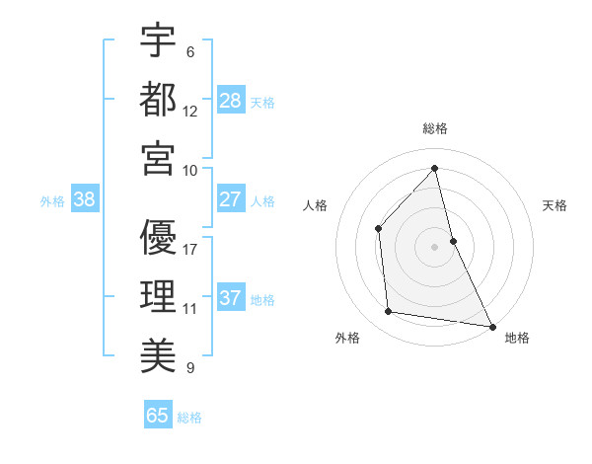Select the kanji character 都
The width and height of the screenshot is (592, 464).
click(158, 99)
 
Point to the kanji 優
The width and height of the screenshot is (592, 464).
click(158, 237)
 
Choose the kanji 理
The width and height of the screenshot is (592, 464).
click(158, 296)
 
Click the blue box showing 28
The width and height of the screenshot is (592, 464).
click(231, 100)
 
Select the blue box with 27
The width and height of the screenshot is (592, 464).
click(231, 199)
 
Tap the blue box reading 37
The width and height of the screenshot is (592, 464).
click(231, 298)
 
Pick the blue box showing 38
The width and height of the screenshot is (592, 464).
click(85, 199)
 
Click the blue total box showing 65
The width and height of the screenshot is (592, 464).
click(158, 416)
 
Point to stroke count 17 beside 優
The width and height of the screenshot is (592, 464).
click(190, 249)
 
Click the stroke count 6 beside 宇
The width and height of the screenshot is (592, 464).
click(190, 51)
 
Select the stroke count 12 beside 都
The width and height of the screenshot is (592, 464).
click(190, 111)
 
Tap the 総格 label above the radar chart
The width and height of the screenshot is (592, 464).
click(435, 128)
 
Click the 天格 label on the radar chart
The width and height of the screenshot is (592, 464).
click(555, 205)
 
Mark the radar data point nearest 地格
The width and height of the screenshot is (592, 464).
click(491, 326)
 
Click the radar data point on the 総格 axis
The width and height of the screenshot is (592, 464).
click(435, 168)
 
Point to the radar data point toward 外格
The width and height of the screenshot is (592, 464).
click(389, 312)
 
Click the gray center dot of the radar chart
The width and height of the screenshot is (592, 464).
click(435, 246)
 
